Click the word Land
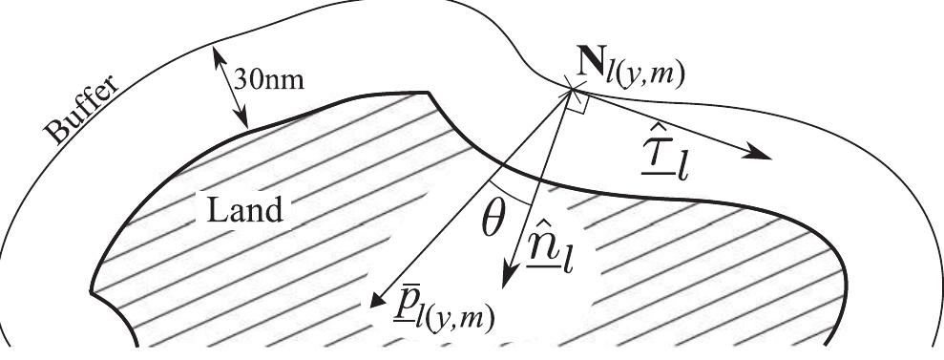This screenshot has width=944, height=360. [x=243, y=208]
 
